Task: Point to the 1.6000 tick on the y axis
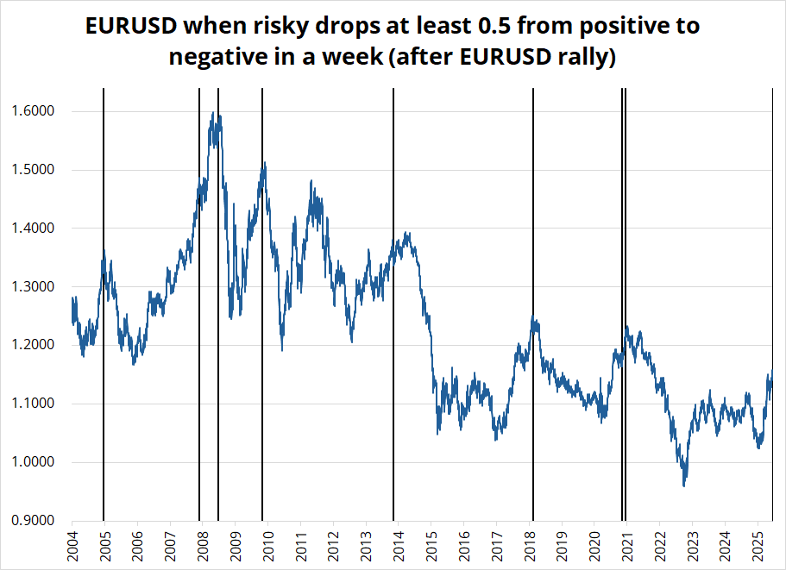pos(34,111)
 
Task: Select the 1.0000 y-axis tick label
pos(34,462)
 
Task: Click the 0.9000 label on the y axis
pos(34,521)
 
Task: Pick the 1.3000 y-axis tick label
pos(34,286)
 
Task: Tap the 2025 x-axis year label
pos(758,546)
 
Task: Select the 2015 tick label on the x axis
pos(431,546)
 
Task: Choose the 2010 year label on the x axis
pos(267,546)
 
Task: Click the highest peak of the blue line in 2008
pos(212,112)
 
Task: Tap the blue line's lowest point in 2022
pos(684,485)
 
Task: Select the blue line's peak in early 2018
pos(534,316)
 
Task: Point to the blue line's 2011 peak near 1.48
pos(311,181)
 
